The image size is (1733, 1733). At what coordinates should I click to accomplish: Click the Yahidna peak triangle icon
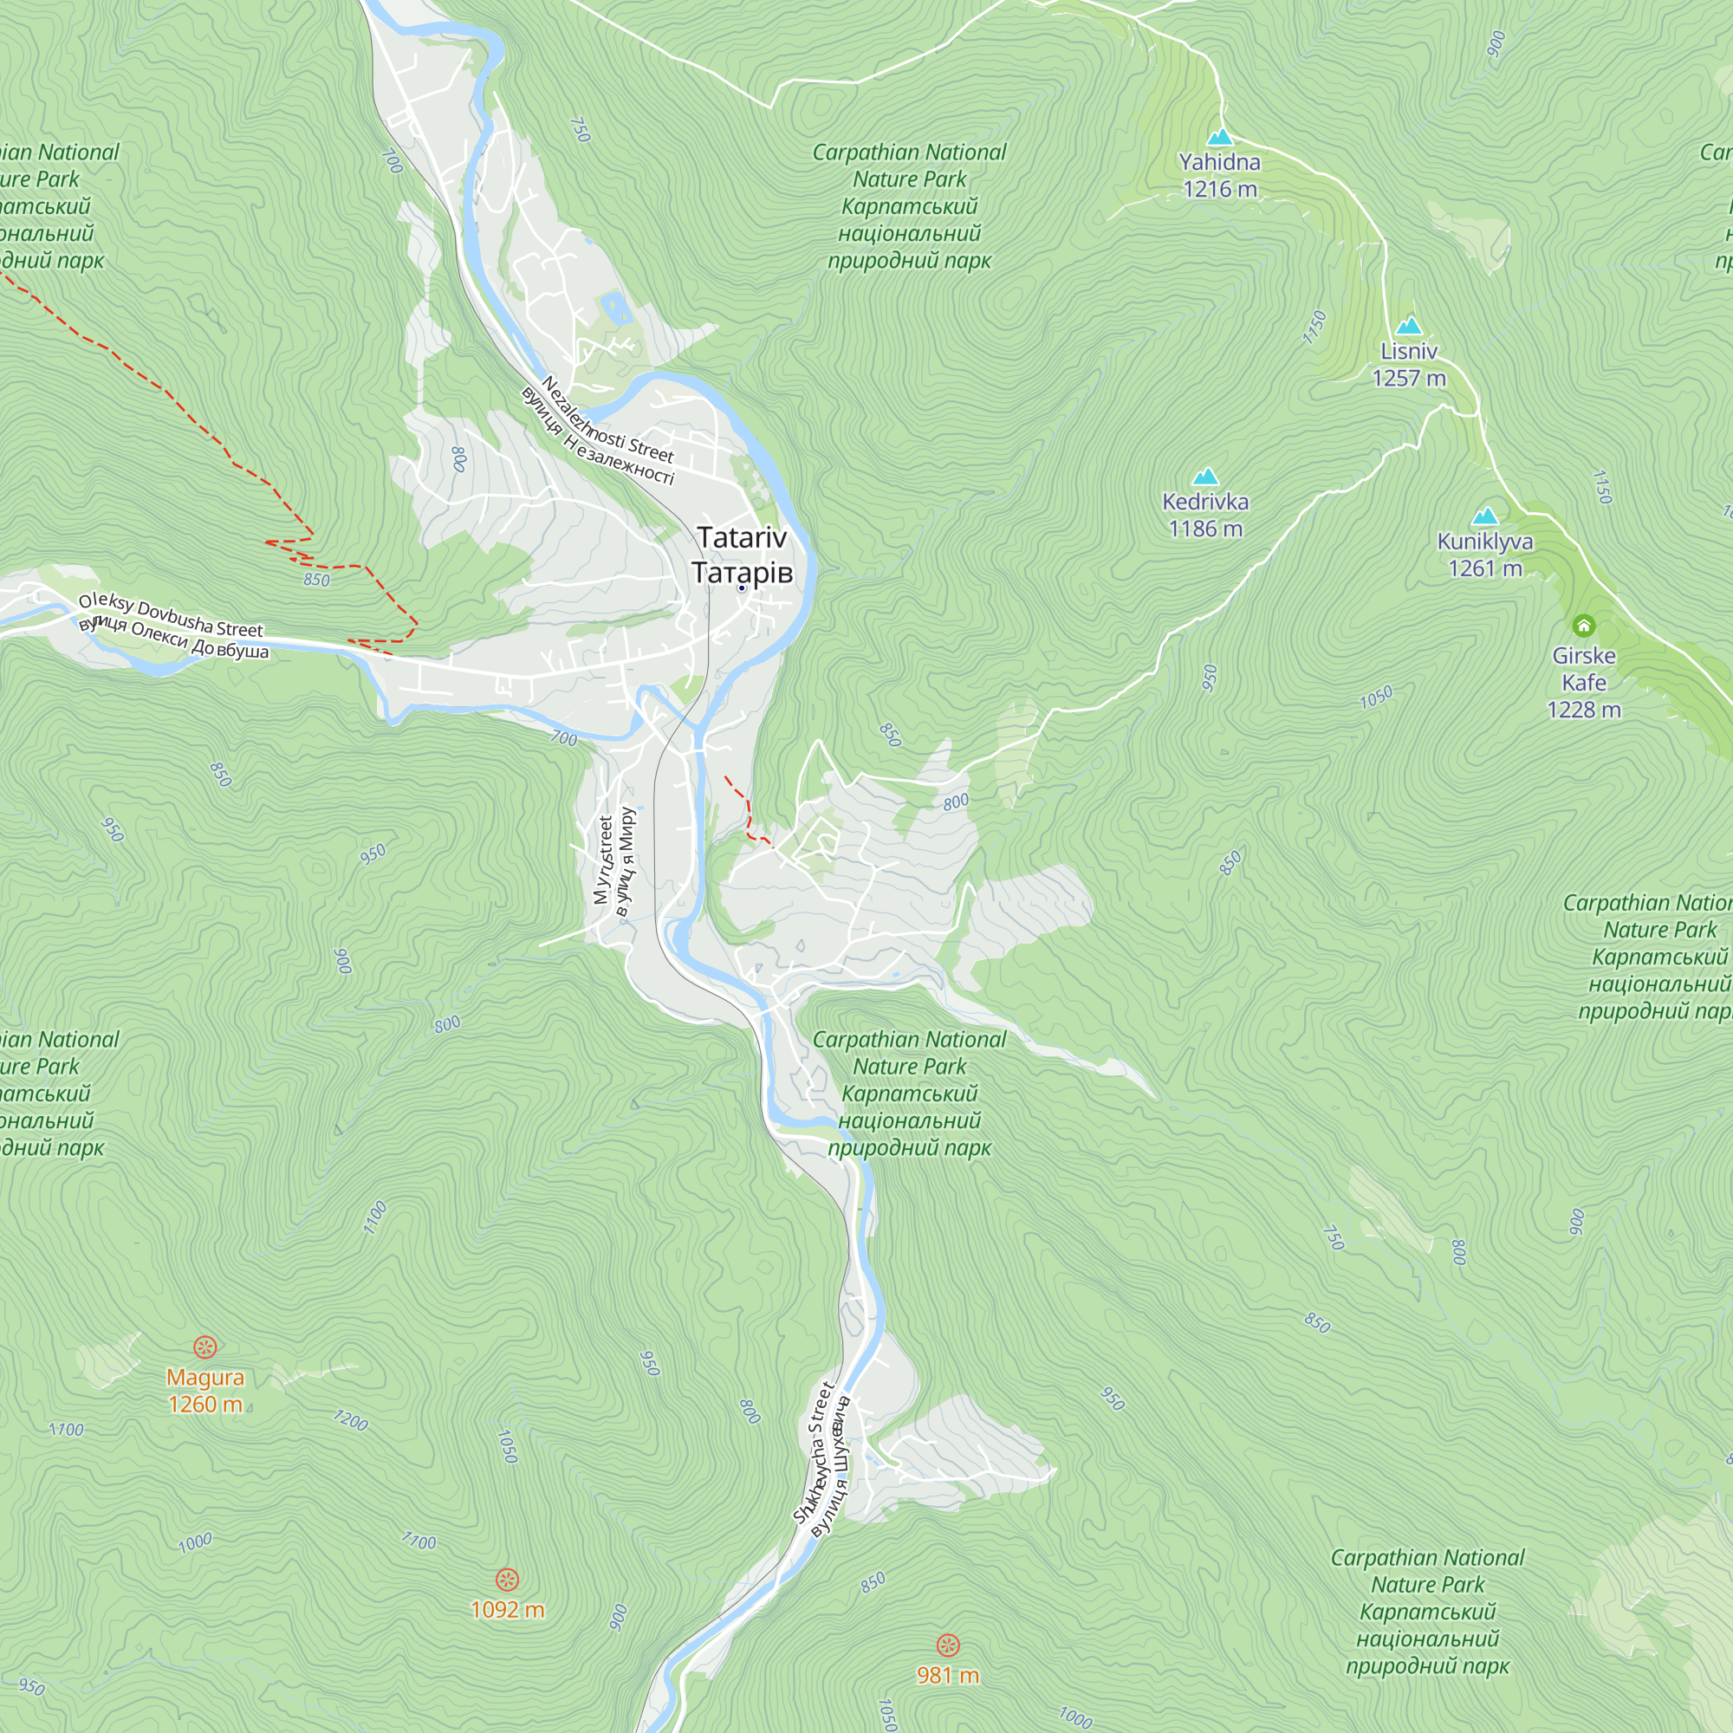[x=1219, y=137]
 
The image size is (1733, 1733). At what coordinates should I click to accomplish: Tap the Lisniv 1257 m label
[x=1408, y=364]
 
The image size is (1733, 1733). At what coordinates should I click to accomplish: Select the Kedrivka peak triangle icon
[x=1204, y=477]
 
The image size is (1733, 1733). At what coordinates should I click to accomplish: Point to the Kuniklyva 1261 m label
[x=1484, y=555]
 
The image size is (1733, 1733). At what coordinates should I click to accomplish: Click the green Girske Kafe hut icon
[x=1583, y=626]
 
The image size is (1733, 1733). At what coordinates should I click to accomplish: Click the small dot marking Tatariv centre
[x=742, y=587]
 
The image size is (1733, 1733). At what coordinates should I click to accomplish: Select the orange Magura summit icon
[x=205, y=1347]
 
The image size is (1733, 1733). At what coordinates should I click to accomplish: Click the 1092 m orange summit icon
[x=507, y=1579]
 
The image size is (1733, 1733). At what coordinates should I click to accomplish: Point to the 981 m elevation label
[x=947, y=1675]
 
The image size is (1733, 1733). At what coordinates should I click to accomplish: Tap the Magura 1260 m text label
[x=205, y=1391]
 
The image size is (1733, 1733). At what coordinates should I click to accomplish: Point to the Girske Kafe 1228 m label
[x=1583, y=682]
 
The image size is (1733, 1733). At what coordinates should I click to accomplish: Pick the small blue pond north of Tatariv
[x=616, y=308]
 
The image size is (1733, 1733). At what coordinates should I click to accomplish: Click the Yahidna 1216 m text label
[x=1219, y=175]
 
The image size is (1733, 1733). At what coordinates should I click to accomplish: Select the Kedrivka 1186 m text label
[x=1204, y=515]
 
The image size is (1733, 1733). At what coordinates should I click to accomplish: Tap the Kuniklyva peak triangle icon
[x=1484, y=516]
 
